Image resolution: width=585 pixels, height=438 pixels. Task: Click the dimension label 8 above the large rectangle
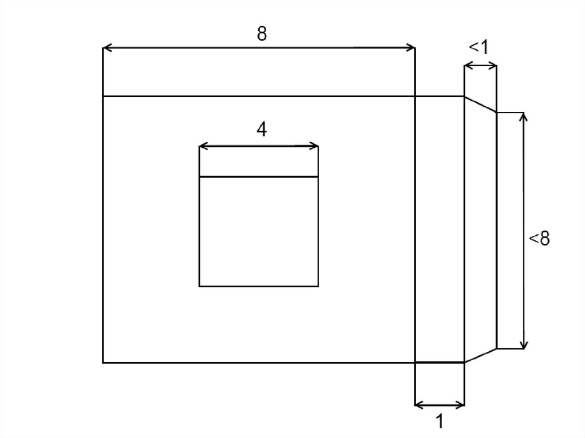pyautogui.click(x=262, y=34)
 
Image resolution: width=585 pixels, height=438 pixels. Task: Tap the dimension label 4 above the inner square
pyautogui.click(x=262, y=130)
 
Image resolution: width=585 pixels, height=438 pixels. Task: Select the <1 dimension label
pyautogui.click(x=478, y=47)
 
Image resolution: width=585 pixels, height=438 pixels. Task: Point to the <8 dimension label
pyautogui.click(x=539, y=238)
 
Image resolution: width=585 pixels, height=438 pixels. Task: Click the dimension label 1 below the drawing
pyautogui.click(x=440, y=421)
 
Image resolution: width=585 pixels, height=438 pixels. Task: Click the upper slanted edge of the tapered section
pyautogui.click(x=480, y=104)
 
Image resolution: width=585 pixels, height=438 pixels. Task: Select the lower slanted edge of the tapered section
pyautogui.click(x=480, y=356)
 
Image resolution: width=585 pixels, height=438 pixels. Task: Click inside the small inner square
pyautogui.click(x=259, y=231)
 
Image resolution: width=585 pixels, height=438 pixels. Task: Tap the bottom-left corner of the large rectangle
pyautogui.click(x=103, y=362)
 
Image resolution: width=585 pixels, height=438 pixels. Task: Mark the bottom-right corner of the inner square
pyautogui.click(x=318, y=286)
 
